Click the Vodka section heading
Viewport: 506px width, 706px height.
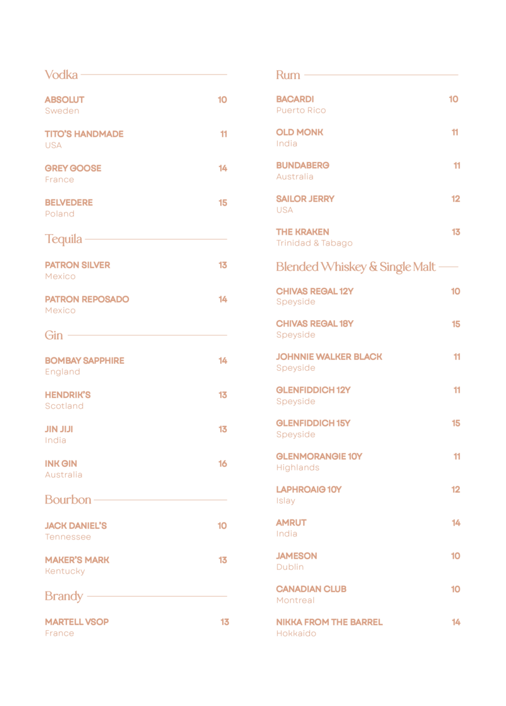point(61,75)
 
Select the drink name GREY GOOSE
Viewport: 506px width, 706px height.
point(73,168)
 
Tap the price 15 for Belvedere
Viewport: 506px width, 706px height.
point(223,203)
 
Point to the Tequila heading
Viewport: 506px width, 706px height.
point(63,239)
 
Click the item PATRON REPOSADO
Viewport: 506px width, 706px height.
point(87,299)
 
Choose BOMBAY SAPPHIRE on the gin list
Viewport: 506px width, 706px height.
point(84,361)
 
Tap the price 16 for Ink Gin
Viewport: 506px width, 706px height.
point(223,464)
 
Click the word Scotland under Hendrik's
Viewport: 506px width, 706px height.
point(64,406)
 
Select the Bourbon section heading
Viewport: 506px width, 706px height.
point(68,500)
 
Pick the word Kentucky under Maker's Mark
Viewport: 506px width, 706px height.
point(65,571)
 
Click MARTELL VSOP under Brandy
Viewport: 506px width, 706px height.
point(77,622)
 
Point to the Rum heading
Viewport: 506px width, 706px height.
point(288,75)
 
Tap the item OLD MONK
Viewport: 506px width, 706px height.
point(299,132)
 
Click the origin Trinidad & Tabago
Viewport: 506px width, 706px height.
point(314,243)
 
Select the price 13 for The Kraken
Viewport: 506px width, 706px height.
point(455,232)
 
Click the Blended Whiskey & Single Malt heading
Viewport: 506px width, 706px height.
point(355,267)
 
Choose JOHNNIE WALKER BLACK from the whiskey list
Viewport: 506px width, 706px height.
point(329,357)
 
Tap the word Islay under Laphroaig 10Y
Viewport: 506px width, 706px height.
point(285,501)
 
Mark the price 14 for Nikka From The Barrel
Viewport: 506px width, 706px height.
point(455,622)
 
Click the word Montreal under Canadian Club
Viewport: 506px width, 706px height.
point(295,600)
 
